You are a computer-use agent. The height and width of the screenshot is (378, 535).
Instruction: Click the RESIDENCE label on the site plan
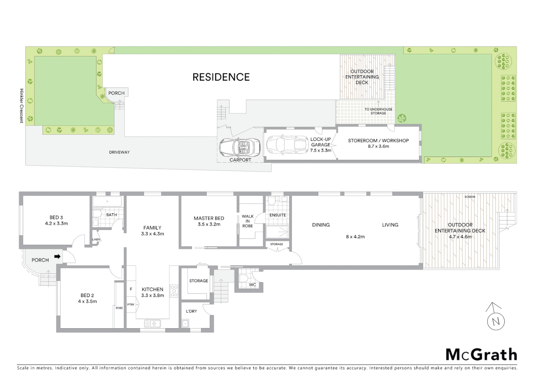221,77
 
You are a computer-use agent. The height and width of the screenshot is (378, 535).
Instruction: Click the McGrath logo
481,355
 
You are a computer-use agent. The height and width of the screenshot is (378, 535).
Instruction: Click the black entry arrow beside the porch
57,257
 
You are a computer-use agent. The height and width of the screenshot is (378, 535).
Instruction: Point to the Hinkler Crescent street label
21,106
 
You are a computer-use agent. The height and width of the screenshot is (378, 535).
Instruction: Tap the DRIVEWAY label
119,152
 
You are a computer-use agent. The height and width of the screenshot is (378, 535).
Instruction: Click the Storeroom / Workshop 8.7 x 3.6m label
378,143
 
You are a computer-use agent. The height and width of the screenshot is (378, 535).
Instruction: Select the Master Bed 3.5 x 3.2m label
209,221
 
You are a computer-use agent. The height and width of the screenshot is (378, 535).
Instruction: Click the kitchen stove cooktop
174,291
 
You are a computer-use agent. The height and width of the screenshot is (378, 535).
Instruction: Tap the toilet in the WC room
244,278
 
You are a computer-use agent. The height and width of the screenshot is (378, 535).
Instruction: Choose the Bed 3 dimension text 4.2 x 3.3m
56,223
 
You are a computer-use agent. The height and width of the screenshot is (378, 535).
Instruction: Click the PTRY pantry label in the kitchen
131,304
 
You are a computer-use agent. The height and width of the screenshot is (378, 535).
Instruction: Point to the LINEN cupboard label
96,240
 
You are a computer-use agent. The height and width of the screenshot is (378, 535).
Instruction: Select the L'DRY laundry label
191,311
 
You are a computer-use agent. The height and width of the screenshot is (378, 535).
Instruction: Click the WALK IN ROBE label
248,221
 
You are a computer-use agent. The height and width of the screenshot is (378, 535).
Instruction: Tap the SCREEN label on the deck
470,197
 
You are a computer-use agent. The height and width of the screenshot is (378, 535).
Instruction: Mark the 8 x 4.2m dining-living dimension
355,237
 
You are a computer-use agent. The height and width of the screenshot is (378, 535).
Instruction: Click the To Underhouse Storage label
378,111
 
